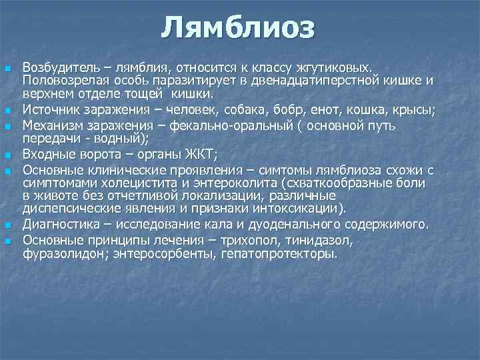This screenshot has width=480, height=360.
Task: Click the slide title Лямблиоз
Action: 238,28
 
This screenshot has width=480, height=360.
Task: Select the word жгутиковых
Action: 342,68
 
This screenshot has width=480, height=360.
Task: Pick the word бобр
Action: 285,108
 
